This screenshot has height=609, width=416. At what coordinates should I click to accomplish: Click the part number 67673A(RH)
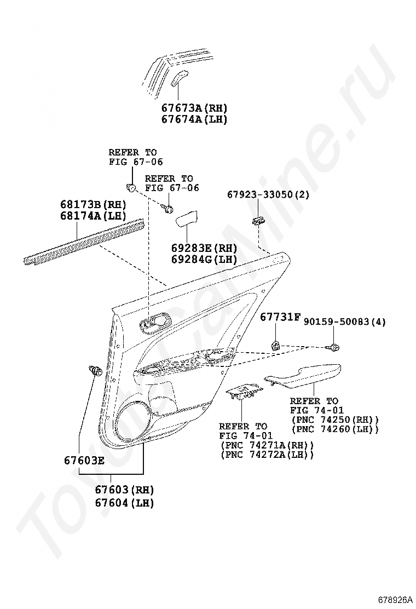[x=194, y=108]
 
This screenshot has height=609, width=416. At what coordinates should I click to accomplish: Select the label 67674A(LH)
[x=194, y=119]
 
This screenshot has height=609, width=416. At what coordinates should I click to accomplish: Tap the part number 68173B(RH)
[x=93, y=204]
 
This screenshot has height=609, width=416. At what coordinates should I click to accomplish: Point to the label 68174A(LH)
[x=93, y=216]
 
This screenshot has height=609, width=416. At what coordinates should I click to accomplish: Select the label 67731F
[x=280, y=317]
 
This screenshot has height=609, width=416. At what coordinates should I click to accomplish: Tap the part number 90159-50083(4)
[x=345, y=322]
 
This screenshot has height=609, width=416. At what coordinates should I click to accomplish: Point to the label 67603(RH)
[x=124, y=490]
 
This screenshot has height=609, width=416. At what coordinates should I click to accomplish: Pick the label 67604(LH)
[x=124, y=502]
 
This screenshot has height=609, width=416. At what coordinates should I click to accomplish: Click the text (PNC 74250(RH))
[x=335, y=420]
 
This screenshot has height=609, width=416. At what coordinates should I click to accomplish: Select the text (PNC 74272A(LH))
[x=267, y=455]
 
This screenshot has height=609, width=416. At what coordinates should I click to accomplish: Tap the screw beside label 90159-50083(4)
[x=333, y=347]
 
